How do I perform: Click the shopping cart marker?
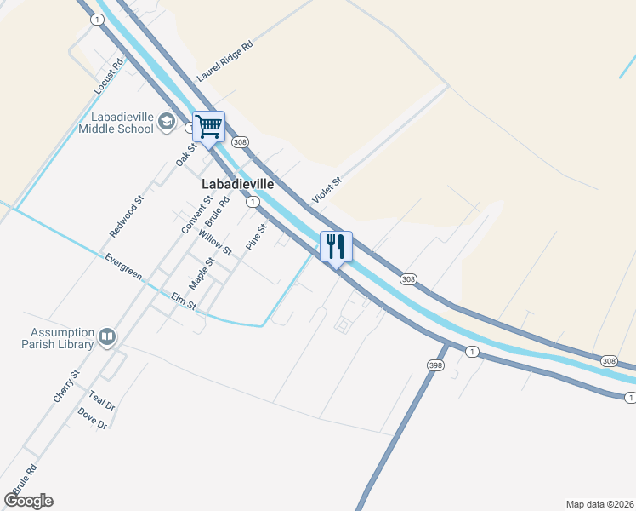coord(208,128)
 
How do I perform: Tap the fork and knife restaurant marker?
coord(336,247)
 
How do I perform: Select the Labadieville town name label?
coord(238,183)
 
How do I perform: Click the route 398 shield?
coord(434,365)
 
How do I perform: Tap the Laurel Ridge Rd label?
coord(225,62)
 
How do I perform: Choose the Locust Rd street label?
coord(110,74)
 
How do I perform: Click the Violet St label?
coord(327,190)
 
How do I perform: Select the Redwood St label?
coord(127,216)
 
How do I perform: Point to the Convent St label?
coord(196,215)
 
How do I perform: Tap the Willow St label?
coord(215,242)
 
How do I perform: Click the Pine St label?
coord(256,237)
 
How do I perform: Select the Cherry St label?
coord(65,386)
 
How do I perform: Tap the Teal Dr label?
coord(101,402)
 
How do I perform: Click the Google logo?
coord(28,500)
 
